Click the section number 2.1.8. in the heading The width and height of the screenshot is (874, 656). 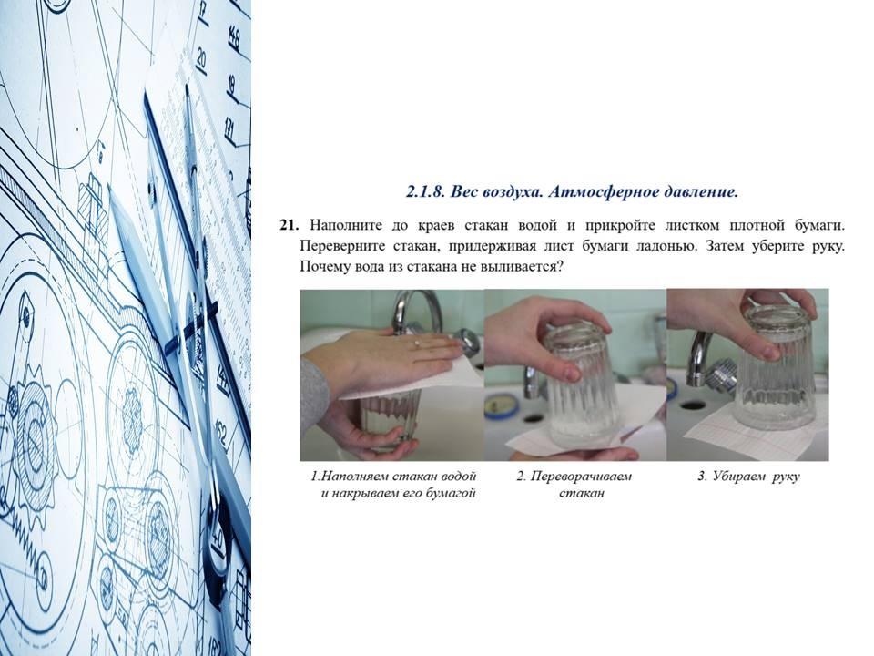426,192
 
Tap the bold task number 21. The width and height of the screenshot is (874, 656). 290,225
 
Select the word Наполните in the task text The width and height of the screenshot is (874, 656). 346,225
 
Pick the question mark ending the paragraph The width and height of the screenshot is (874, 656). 560,266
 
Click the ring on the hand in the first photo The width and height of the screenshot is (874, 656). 417,344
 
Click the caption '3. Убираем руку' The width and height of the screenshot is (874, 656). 748,477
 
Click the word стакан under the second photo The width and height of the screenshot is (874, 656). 582,493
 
